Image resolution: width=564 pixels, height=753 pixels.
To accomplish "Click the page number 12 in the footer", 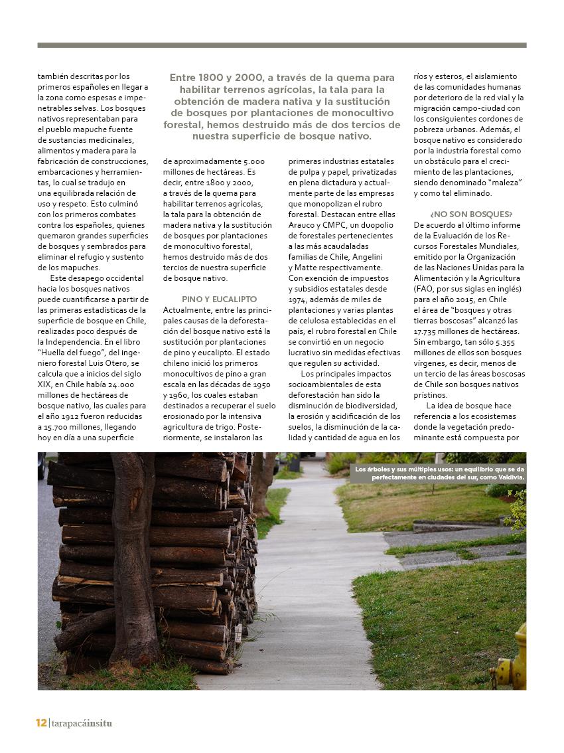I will click(41, 723).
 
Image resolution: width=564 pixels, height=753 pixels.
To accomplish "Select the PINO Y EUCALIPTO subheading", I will click(219, 299).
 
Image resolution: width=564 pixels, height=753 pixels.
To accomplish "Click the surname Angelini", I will click(375, 257).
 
